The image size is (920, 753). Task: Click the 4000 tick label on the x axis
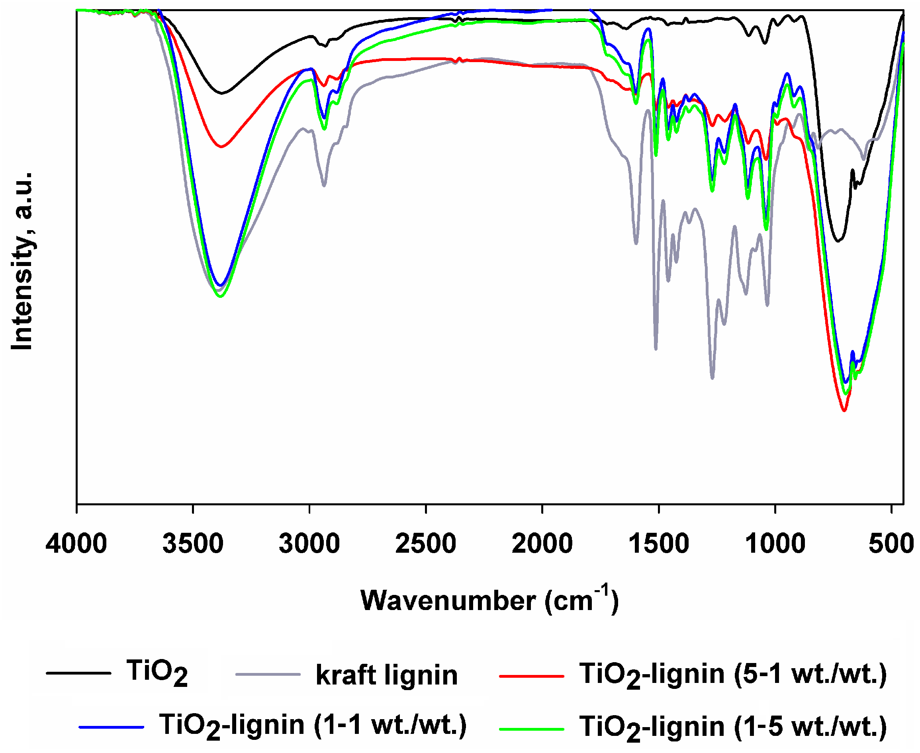coord(76,544)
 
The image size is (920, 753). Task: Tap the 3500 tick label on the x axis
coord(193,544)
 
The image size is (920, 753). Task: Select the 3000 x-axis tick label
coord(309,544)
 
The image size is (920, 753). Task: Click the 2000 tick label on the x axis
coord(542,544)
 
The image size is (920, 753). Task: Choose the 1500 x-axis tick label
coord(658,544)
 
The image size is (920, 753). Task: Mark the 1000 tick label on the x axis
coord(775,544)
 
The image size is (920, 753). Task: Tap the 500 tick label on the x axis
coord(891,544)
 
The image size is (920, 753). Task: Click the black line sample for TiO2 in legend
coord(78,673)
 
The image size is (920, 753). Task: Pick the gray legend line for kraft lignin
coord(268,675)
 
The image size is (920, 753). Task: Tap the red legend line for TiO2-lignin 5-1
coord(531,676)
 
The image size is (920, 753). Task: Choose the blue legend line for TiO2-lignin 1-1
coord(112,727)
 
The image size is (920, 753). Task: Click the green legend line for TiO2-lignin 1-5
coord(531,729)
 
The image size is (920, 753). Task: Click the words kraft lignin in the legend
coord(386,675)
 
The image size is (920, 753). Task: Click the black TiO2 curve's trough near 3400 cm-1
coord(222,93)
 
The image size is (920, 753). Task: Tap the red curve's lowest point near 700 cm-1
coord(844,410)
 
